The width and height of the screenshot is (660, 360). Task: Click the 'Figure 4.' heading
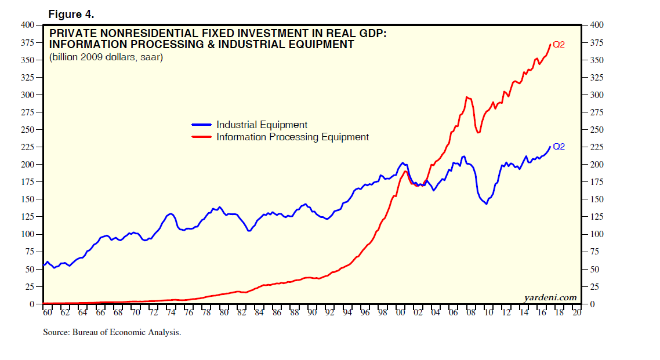click(71, 14)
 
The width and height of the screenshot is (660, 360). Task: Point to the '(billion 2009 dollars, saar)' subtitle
click(106, 57)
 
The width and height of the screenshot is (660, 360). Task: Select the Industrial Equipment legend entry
click(262, 125)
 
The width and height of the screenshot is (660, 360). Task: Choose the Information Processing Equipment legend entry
click(292, 137)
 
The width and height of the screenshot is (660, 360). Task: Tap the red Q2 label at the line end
click(559, 45)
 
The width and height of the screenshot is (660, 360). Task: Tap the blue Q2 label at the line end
click(559, 147)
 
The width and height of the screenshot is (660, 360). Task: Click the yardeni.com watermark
click(550, 298)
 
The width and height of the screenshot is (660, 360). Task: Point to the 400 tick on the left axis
click(27, 25)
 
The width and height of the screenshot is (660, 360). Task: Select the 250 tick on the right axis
click(596, 130)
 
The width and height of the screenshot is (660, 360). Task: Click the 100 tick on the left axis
click(27, 234)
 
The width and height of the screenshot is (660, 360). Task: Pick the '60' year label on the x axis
click(47, 312)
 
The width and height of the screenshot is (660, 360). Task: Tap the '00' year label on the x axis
click(400, 312)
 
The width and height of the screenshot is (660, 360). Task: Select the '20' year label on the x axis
click(576, 312)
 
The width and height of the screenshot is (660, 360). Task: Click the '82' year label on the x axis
click(241, 312)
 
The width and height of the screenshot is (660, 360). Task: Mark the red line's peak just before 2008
click(467, 97)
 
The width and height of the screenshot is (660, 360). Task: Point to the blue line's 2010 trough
click(486, 204)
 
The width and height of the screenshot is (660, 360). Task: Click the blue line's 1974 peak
click(171, 214)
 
